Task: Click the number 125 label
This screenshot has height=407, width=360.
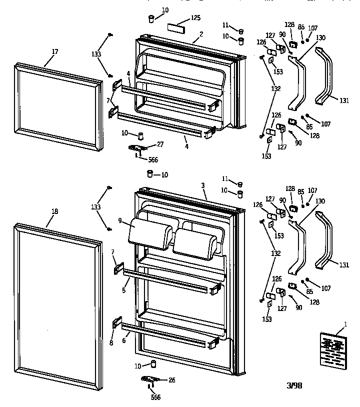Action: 195,18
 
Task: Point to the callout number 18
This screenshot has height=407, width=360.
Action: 54,211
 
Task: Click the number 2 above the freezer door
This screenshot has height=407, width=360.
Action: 201,34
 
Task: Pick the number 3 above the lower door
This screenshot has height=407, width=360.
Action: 203,185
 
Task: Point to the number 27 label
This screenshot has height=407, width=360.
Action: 160,144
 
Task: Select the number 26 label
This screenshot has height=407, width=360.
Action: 172,380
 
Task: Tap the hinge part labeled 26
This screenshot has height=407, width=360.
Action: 150,379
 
